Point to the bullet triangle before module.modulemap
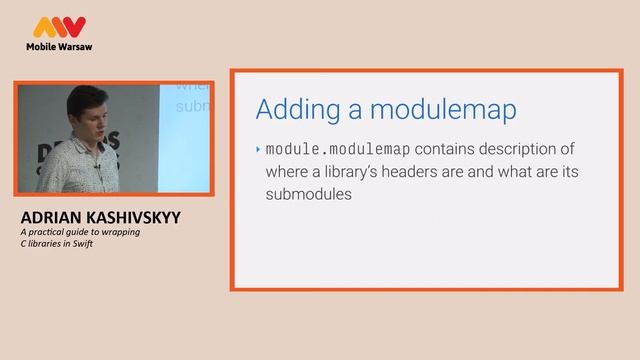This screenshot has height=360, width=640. click(257, 149)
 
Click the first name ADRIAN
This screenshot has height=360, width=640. click(51, 217)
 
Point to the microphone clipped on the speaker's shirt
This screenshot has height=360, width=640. click(97, 171)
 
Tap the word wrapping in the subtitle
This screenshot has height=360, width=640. click(120, 232)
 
